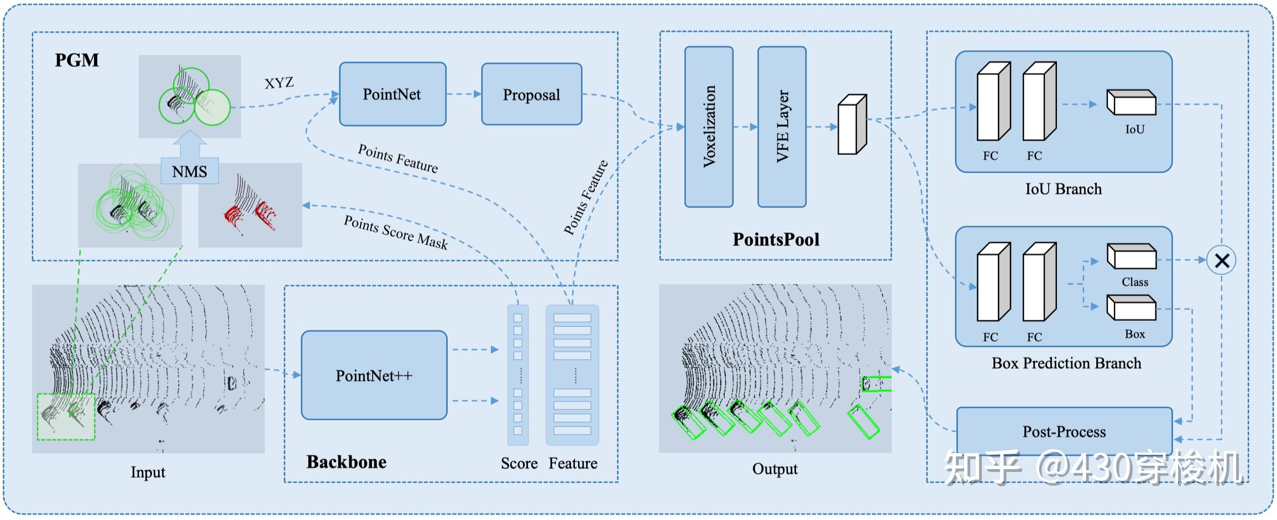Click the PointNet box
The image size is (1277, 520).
[x=392, y=94]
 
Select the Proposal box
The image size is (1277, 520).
[x=531, y=95]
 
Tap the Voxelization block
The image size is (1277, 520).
[x=709, y=127]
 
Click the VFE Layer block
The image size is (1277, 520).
[x=782, y=127]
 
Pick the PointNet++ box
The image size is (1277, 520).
[x=374, y=376]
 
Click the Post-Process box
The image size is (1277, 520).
[x=1064, y=431]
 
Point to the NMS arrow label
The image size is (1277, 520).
[x=190, y=171]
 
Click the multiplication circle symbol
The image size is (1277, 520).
[x=1221, y=260]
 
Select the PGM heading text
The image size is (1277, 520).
[x=77, y=60]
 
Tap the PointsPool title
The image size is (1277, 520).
[x=776, y=239]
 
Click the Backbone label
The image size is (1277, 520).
[x=347, y=462]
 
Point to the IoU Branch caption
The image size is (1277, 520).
[x=1063, y=189]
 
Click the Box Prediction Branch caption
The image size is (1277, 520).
[x=1066, y=363]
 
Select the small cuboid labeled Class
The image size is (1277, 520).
[x=1131, y=257]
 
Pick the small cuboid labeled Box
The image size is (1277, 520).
[x=1131, y=308]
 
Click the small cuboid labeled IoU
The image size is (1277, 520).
[x=1131, y=102]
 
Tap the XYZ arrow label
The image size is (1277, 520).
[x=279, y=83]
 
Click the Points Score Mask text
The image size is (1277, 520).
[x=396, y=232]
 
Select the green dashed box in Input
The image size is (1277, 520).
[x=66, y=417]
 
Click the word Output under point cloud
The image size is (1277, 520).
[x=774, y=469]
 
